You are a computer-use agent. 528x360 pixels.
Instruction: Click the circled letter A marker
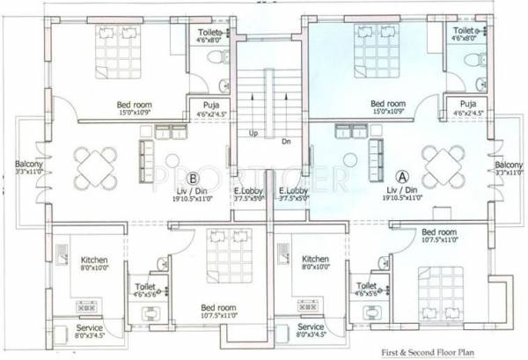(x=404, y=176)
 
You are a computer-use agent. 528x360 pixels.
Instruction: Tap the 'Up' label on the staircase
(x=253, y=135)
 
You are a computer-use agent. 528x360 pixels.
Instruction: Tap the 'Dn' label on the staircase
(x=286, y=141)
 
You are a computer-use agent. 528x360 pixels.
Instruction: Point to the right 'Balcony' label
(x=509, y=165)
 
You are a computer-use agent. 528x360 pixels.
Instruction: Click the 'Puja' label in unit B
(x=210, y=105)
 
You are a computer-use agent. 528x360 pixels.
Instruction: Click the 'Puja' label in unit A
(x=458, y=105)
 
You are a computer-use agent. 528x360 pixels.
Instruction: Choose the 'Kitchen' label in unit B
(x=94, y=261)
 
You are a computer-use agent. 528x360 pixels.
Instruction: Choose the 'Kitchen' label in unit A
(x=315, y=260)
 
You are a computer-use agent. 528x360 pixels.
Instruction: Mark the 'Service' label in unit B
(x=89, y=327)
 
